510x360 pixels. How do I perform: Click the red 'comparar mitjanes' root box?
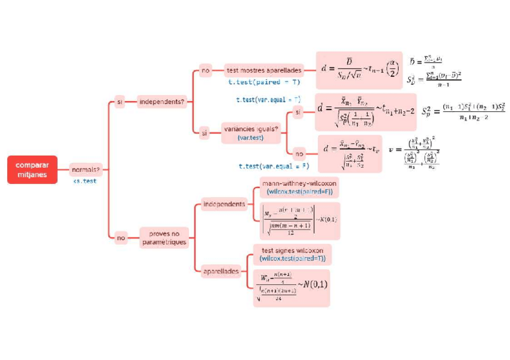coord(32,169)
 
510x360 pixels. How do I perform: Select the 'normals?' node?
coord(85,169)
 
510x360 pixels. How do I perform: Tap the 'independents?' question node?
coord(161,102)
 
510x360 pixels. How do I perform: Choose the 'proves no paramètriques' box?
coord(164,237)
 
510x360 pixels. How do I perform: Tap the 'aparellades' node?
coord(221,271)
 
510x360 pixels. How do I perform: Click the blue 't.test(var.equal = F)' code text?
coord(274,166)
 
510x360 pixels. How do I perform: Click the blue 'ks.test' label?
coord(85,180)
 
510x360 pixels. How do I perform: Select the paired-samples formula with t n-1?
coord(359,70)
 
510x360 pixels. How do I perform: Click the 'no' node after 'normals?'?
coord(121,238)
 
